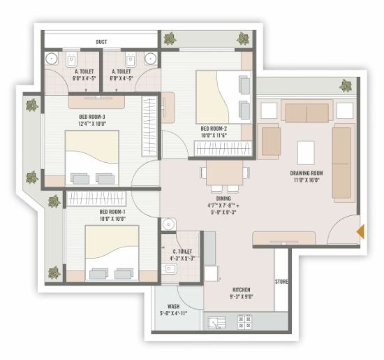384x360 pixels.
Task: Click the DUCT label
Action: (x=101, y=42)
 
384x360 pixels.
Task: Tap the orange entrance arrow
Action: (x=360, y=231)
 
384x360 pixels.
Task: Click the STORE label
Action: (x=281, y=282)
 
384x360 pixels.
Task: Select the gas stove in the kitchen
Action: (x=244, y=322)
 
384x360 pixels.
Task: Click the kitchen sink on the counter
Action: (x=216, y=322)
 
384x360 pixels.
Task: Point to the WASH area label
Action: (x=173, y=306)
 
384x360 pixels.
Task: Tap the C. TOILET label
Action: (x=182, y=252)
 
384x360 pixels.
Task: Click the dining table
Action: (x=224, y=173)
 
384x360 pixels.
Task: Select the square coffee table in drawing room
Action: (x=306, y=153)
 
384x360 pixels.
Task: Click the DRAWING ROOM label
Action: (x=307, y=173)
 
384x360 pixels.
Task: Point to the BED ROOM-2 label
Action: (x=214, y=129)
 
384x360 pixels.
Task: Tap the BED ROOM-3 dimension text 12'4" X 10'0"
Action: (x=92, y=124)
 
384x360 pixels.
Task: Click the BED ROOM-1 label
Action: (x=112, y=212)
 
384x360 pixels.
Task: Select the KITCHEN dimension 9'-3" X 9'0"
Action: (x=242, y=296)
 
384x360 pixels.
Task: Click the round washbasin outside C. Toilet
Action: (x=168, y=224)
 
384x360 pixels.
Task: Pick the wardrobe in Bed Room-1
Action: (x=96, y=199)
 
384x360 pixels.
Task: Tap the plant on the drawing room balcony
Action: (x=346, y=85)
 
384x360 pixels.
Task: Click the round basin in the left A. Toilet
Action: (x=52, y=59)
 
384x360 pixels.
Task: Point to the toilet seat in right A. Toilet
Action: (x=131, y=59)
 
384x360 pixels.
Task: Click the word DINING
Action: (x=223, y=199)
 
